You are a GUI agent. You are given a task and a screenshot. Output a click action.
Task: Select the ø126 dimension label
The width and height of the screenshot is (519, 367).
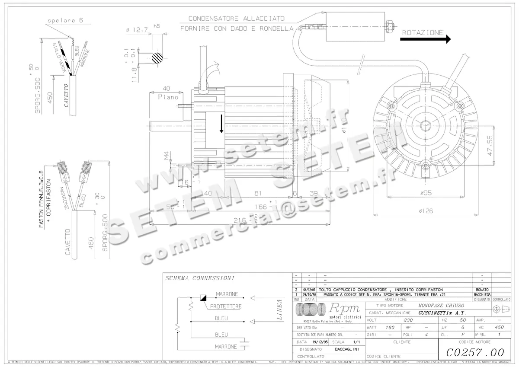click(x=426, y=211)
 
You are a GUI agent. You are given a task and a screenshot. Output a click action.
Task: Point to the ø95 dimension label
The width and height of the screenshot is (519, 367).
click(x=426, y=193)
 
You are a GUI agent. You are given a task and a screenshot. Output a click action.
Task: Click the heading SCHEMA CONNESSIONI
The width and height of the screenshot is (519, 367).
click(x=200, y=278)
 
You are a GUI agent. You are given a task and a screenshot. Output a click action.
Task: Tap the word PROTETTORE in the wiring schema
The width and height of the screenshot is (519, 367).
click(x=226, y=306)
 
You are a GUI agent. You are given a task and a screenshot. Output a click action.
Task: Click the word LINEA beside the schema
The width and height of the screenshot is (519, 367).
click(x=279, y=310)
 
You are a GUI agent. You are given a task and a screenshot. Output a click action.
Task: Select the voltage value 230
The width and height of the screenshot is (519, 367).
click(x=408, y=320)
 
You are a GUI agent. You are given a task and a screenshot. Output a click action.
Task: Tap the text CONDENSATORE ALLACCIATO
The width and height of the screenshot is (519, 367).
click(x=236, y=19)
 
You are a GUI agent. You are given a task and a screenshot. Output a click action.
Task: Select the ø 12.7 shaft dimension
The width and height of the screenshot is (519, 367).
click(x=137, y=30)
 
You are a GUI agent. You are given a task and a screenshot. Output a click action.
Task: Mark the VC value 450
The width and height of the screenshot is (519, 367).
click(x=499, y=328)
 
